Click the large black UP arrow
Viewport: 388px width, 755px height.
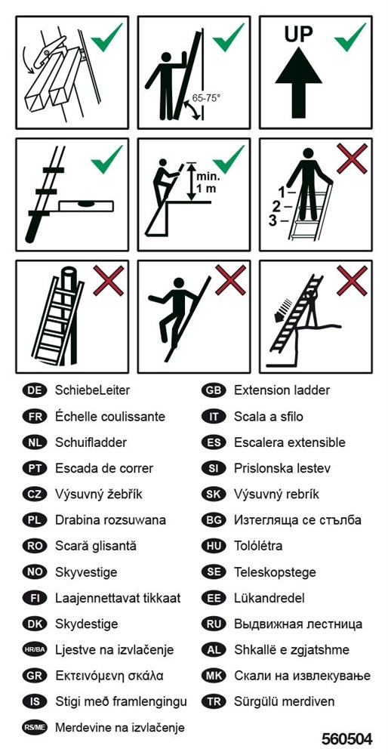298,82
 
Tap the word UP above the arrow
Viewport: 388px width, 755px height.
298,34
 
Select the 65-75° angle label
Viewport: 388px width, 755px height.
206,97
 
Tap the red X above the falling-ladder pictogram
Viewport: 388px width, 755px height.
352,281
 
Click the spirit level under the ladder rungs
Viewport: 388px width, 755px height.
86,206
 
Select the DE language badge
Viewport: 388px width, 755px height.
35,390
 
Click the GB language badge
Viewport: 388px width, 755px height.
214,390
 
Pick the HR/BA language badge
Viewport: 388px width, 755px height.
35,649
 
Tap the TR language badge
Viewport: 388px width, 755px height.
214,701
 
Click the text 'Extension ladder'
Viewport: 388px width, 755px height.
282,390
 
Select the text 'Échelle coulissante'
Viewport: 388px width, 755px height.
110,416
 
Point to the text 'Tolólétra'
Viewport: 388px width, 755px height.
258,546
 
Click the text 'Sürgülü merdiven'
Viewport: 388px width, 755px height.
284,701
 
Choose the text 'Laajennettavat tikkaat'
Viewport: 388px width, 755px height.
118,597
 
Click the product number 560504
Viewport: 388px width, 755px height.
347,738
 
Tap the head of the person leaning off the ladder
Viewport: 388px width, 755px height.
179,283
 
